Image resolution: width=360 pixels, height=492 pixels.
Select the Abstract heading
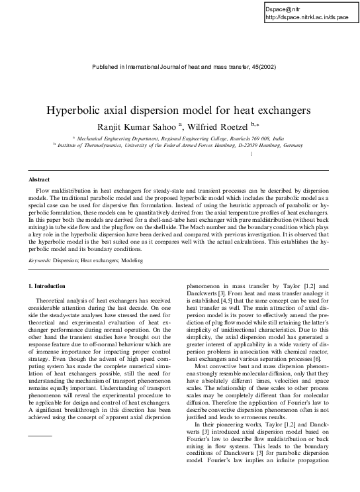click(x=40, y=179)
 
